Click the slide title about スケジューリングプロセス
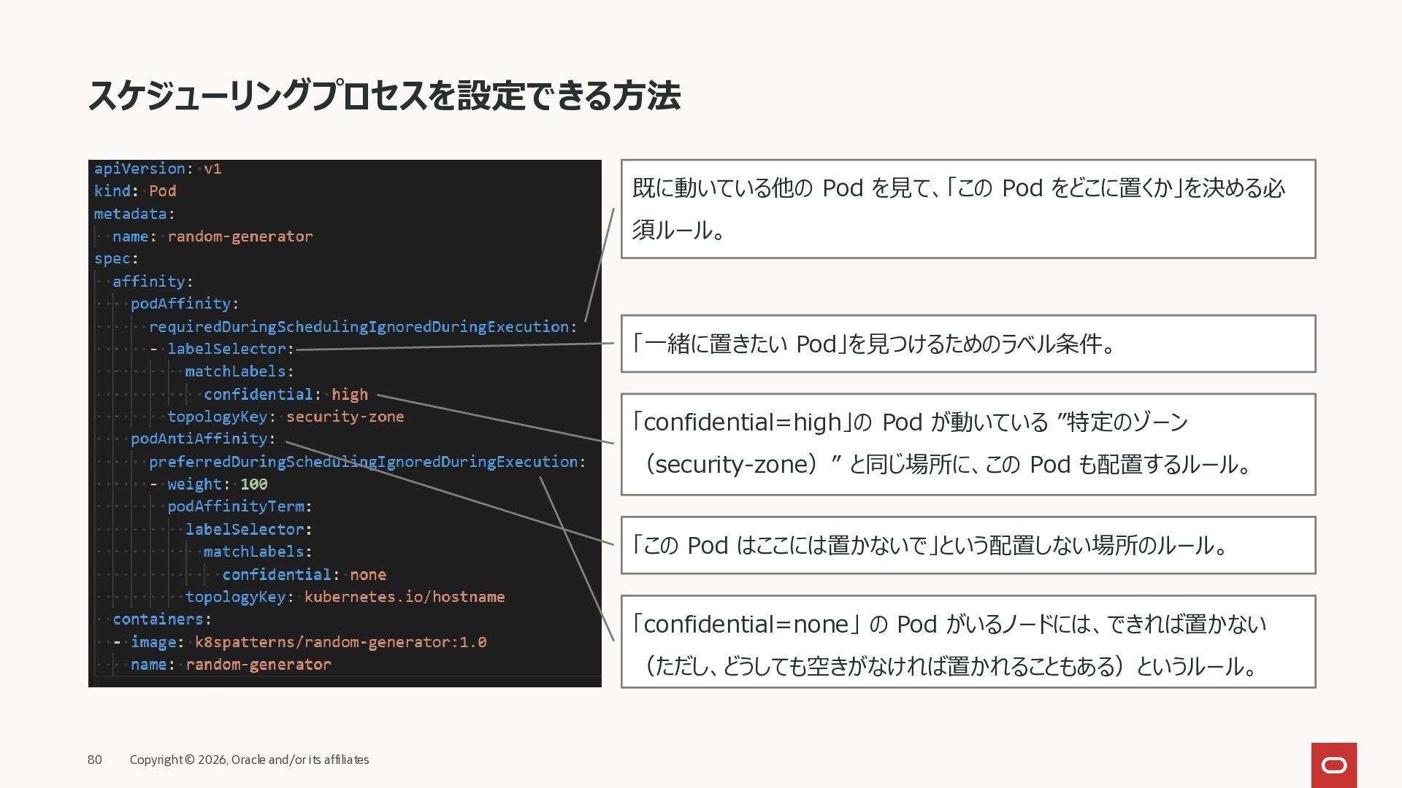384,96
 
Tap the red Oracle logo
1333,765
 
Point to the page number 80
95,760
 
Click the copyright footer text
249,760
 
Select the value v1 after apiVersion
212,169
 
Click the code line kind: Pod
135,191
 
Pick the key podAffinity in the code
180,304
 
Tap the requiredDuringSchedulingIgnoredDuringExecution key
359,326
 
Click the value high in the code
350,394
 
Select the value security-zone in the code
345,417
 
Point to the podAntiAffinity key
199,439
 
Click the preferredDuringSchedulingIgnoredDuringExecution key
363,462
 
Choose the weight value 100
254,484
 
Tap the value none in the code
368,574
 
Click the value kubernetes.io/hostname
405,597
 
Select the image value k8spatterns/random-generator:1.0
340,642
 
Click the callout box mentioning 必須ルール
968,209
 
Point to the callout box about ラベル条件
968,344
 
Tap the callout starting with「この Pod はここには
968,545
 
